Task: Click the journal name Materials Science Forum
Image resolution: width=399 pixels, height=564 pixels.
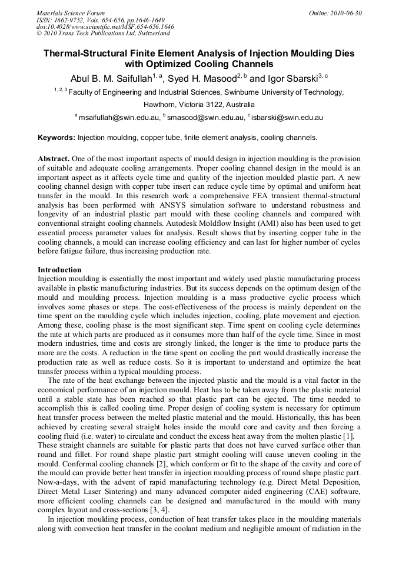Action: click(x=71, y=13)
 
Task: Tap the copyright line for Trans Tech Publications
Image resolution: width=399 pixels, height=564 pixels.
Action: click(x=103, y=34)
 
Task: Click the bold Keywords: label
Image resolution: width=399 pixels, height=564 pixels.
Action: click(x=56, y=138)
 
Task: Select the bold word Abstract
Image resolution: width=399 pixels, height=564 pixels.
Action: click(x=54, y=159)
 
